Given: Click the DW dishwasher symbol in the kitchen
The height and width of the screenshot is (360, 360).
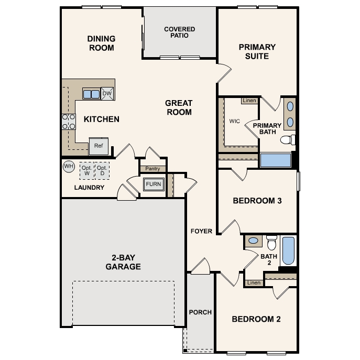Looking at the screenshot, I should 107,93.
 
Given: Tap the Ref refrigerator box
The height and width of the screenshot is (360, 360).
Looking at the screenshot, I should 99,146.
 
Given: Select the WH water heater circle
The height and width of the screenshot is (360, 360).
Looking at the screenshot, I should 69,167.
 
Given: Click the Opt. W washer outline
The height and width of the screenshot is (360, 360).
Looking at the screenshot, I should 86,170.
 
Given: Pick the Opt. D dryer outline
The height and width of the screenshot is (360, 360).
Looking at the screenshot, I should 102,170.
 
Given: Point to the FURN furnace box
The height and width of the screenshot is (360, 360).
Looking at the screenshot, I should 154,184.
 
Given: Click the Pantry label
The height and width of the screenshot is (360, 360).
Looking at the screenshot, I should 152,169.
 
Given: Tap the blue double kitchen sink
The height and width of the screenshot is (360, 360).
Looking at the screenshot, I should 91,94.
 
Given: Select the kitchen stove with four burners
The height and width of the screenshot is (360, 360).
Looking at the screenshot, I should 69,122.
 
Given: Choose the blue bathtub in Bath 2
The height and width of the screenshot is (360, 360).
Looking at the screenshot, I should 289,251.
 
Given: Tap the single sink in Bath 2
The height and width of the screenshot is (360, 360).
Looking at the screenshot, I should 253,241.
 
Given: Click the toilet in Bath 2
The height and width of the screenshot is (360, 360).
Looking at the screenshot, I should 271,243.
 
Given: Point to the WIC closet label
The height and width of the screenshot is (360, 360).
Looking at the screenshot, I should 234,121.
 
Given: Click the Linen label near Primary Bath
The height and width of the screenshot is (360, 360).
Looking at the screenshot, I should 249,100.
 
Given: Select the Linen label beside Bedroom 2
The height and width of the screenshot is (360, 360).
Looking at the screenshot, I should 254,283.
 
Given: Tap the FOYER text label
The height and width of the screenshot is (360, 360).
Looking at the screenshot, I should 201,231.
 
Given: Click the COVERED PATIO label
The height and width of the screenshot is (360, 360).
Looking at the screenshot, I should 179,32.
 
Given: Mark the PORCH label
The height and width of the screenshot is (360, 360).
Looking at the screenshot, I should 200,312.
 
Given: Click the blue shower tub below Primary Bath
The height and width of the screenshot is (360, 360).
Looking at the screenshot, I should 276,160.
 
